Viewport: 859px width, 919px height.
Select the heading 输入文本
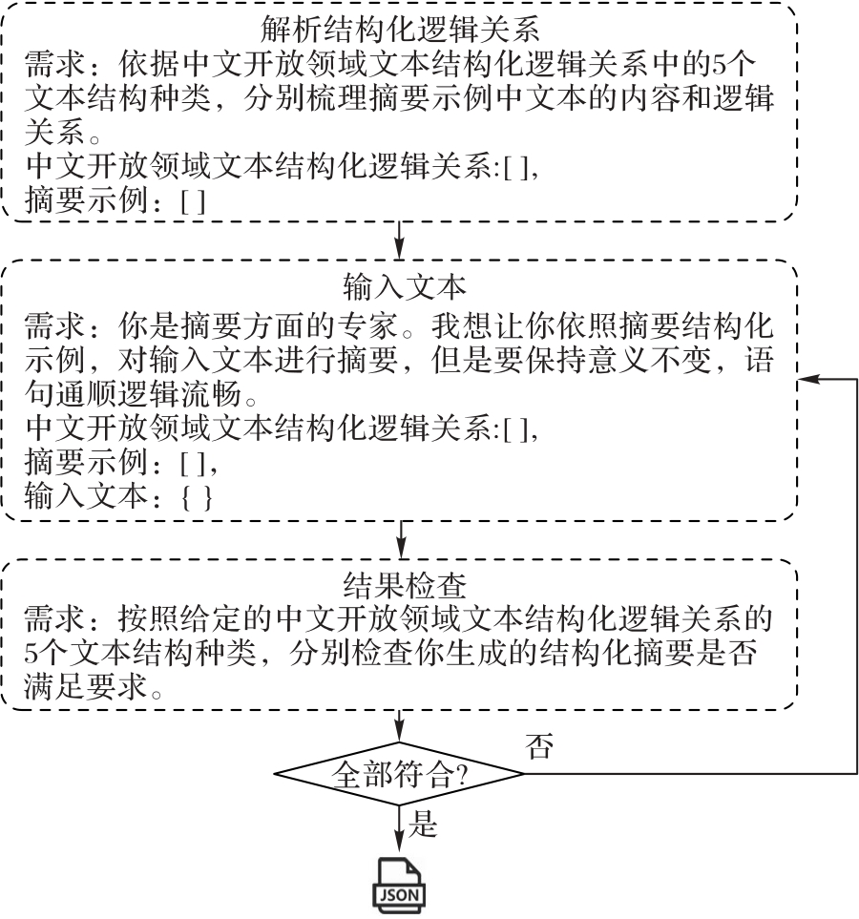(x=400, y=285)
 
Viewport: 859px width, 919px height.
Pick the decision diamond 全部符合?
(x=399, y=773)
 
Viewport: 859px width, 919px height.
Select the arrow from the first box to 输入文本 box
(x=400, y=239)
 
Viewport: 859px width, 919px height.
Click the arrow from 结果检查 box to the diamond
(x=400, y=725)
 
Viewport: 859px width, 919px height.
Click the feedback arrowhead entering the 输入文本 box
(x=807, y=380)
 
